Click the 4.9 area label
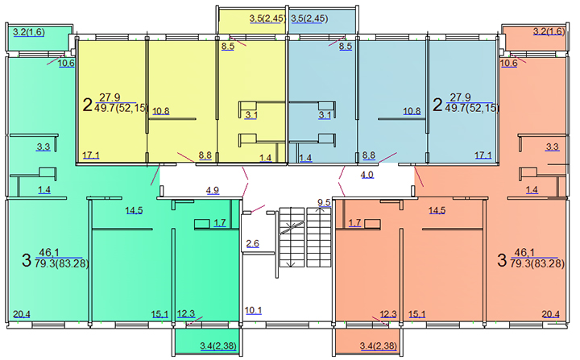tap(213, 190)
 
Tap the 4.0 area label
tap(367, 175)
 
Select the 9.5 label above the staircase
tap(324, 202)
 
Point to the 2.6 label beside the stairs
tap(253, 243)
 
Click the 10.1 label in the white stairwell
tap(254, 310)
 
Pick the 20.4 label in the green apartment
tap(22, 314)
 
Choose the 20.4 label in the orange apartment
tap(550, 314)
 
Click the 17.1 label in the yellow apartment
tap(91, 155)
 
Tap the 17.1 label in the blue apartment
tap(483, 155)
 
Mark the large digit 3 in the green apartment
tap(27, 260)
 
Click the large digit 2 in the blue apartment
tap(437, 105)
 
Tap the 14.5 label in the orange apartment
tap(437, 210)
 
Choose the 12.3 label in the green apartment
tap(186, 314)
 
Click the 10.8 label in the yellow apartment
tap(161, 111)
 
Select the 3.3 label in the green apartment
tap(43, 147)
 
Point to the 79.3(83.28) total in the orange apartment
tap(537, 264)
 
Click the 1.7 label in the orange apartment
tap(354, 222)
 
